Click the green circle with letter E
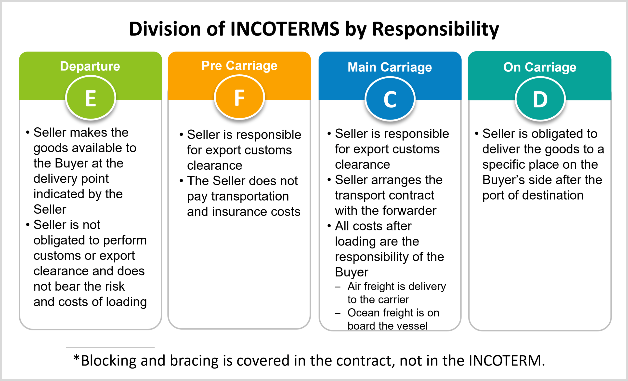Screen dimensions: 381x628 coord(91,98)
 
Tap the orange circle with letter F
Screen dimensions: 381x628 coord(240,97)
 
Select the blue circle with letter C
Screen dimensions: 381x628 coord(390,99)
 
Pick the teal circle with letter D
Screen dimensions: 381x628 coord(540,99)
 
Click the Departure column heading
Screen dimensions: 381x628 coord(90,66)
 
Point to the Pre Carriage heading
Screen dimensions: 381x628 coord(239,66)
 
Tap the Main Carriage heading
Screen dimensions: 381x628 coord(390,67)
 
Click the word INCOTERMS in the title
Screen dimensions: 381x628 coord(285,29)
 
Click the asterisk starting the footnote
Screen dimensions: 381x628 coord(76,358)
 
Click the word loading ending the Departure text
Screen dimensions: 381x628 coord(126,302)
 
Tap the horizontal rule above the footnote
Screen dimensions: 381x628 coord(110,347)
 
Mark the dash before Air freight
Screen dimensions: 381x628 coord(338,287)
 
